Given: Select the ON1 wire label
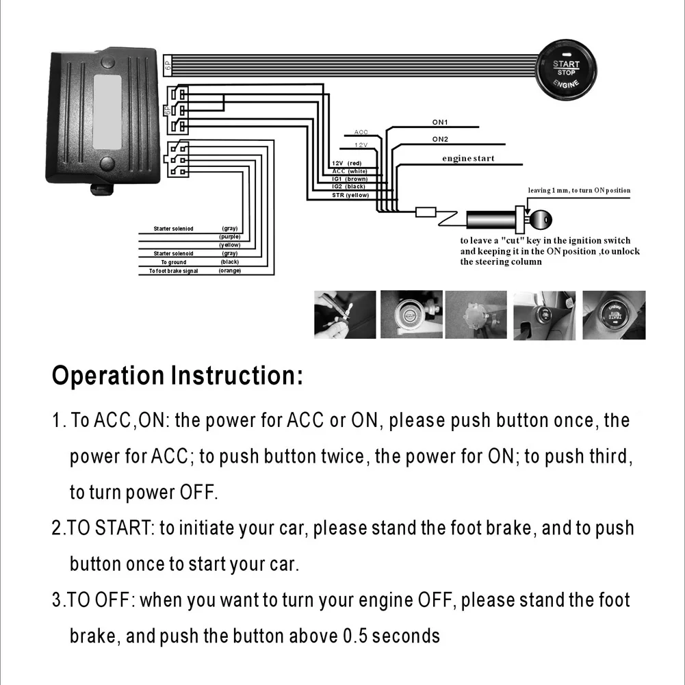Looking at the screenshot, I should pyautogui.click(x=439, y=122).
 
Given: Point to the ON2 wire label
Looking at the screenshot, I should pyautogui.click(x=440, y=139).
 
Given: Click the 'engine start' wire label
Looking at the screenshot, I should pyautogui.click(x=467, y=159).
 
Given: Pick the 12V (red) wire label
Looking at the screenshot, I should pyautogui.click(x=346, y=163).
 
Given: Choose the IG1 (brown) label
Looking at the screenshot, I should pyautogui.click(x=349, y=179).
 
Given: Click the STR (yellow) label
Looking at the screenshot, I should pyautogui.click(x=350, y=195).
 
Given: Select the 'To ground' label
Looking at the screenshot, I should pyautogui.click(x=174, y=262).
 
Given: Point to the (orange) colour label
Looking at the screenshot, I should pyautogui.click(x=230, y=271).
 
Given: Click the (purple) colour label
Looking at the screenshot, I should pyautogui.click(x=230, y=237).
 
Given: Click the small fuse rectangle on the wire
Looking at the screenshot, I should pyautogui.click(x=425, y=212).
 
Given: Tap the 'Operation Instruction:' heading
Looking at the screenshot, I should pyautogui.click(x=177, y=376).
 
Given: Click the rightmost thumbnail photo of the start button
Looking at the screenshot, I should pyautogui.click(x=613, y=314).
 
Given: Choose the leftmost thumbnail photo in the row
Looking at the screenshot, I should pyautogui.click(x=345, y=314).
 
